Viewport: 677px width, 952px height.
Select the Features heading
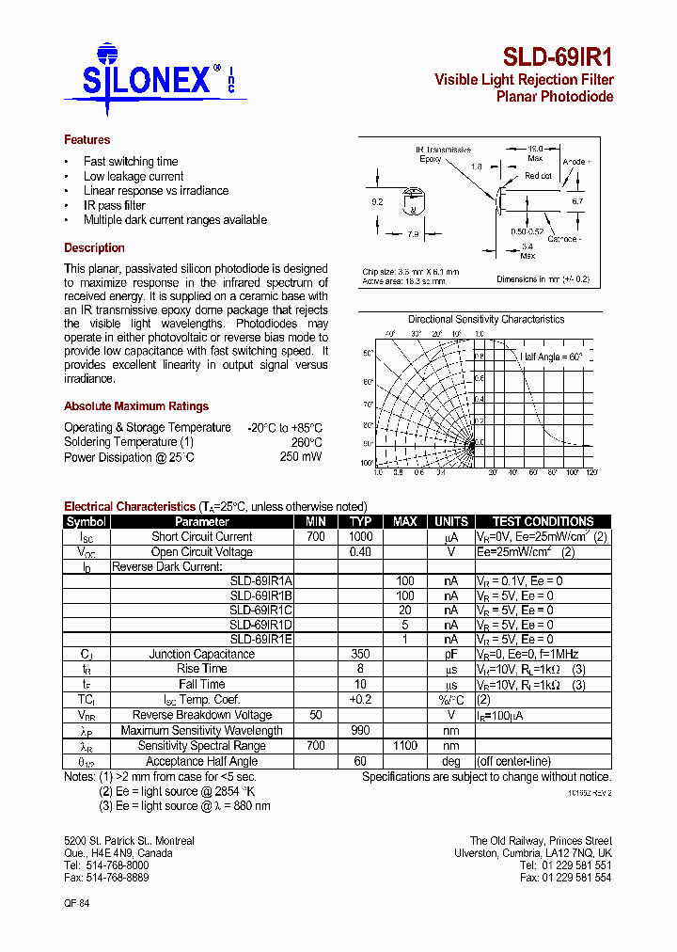[x=87, y=140]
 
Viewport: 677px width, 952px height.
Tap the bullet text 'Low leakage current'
[x=134, y=176]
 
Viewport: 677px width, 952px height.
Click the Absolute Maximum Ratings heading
[x=136, y=406]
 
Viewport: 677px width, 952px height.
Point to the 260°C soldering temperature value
[x=306, y=442]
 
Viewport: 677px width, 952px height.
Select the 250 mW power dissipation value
[x=300, y=457]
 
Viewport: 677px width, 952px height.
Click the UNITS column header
[x=451, y=522]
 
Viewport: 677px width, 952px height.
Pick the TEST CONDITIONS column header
[x=543, y=522]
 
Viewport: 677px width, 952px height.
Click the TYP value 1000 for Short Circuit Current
[x=361, y=537]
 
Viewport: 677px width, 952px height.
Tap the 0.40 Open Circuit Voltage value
[x=361, y=552]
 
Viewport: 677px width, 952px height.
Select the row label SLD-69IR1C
[x=261, y=611]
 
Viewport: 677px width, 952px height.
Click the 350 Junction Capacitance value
[x=361, y=654]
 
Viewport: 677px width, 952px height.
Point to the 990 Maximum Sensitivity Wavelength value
[x=361, y=731]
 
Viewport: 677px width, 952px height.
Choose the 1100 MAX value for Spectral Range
[x=405, y=746]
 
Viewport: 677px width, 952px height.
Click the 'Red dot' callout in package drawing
[x=538, y=176]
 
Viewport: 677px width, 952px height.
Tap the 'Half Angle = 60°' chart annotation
[x=552, y=357]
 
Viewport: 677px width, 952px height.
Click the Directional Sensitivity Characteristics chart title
[x=486, y=320]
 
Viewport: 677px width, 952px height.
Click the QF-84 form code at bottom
[x=77, y=902]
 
